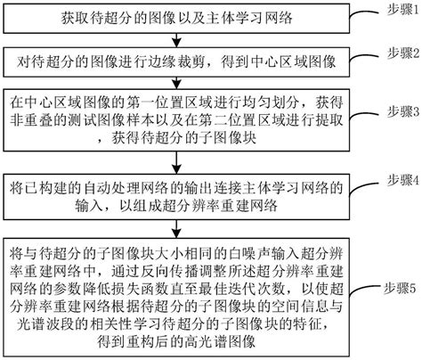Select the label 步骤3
coord(395,111)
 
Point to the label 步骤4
coord(395,178)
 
